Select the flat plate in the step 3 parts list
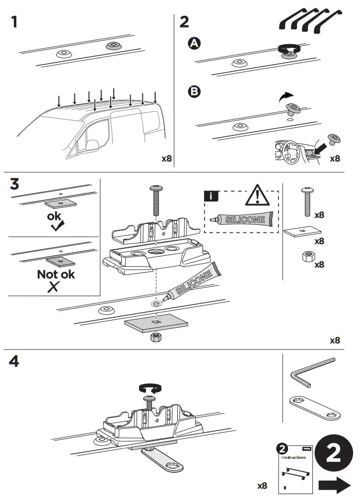point(302,232)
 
